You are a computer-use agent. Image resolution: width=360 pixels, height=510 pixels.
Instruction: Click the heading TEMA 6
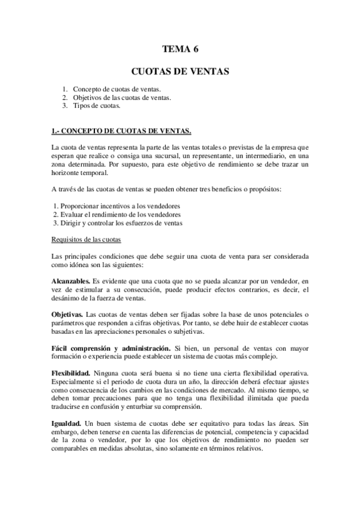[x=180, y=50]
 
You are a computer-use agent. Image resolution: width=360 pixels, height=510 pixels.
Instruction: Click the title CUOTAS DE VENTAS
[x=180, y=72]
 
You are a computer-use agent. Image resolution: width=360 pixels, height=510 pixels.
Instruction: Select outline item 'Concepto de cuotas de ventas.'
[x=113, y=89]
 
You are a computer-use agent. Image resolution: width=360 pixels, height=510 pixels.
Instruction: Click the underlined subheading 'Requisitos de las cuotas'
[x=87, y=240]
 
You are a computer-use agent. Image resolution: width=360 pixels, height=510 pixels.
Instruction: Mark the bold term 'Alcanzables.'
[x=71, y=280]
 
